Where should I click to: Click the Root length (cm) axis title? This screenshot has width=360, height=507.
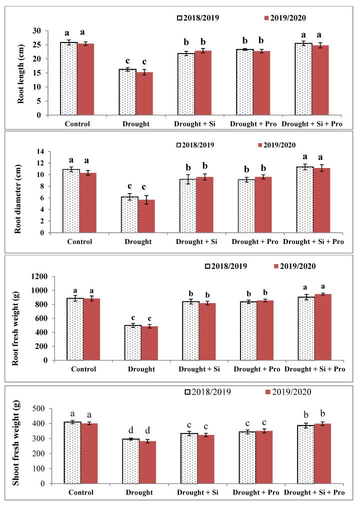point(21,73)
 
